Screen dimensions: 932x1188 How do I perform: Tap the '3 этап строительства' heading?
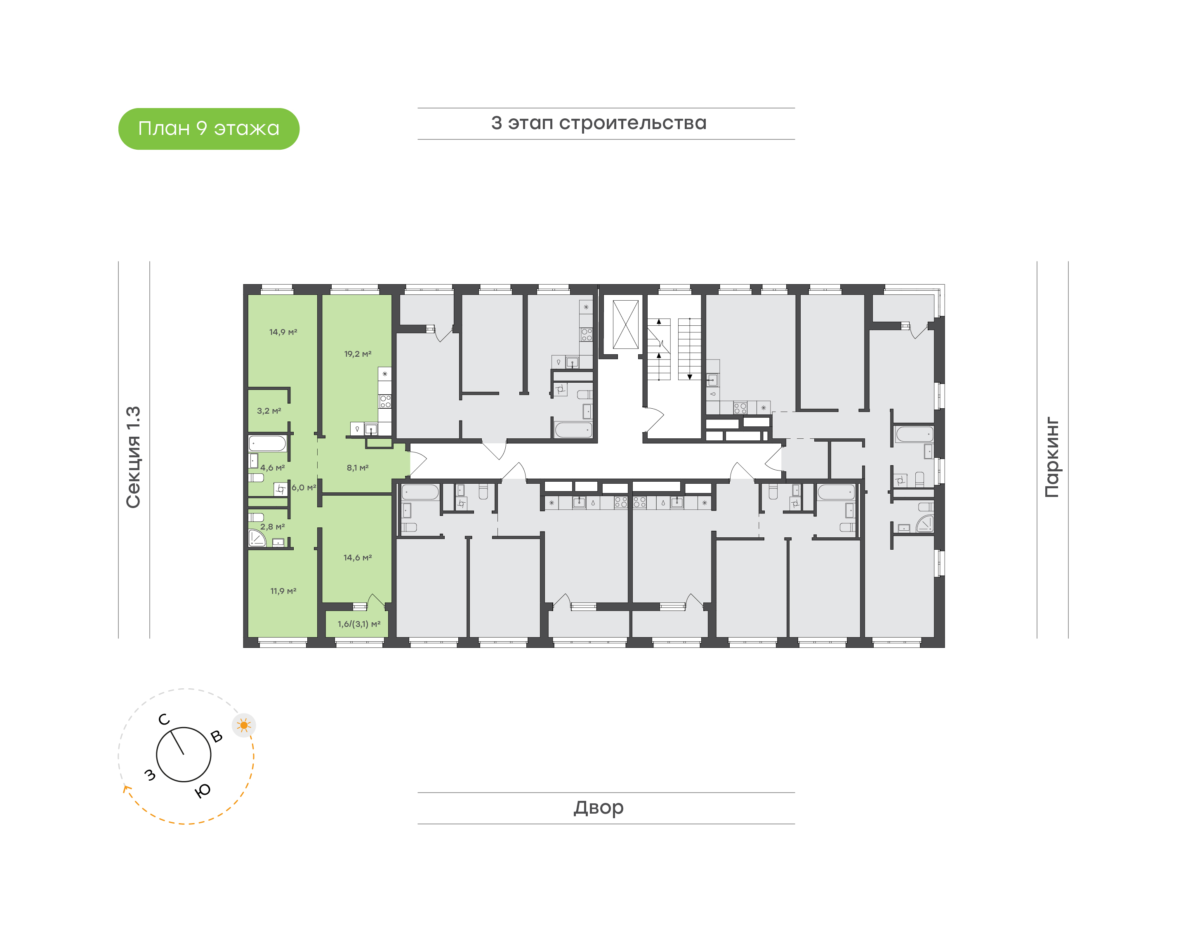[599, 123]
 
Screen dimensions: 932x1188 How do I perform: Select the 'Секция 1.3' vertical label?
[134, 457]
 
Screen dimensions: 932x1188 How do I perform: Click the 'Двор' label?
[599, 807]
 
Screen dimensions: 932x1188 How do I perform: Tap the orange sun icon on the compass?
[244, 725]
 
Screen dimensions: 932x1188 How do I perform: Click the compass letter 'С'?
[164, 720]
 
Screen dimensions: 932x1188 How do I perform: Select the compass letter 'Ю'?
[203, 791]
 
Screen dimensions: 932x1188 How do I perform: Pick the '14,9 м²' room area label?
[283, 332]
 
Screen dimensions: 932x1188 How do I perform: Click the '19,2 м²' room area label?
[358, 354]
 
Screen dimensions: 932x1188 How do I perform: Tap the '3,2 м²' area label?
[269, 411]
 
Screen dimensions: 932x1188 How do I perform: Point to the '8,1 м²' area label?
[358, 468]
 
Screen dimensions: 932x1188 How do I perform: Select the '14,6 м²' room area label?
[358, 558]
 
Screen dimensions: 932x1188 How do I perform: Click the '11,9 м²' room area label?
[283, 591]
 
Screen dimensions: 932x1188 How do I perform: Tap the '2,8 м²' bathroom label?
[272, 527]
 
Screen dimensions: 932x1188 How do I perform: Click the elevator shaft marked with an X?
[625, 325]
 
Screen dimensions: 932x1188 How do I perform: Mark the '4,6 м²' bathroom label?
[272, 468]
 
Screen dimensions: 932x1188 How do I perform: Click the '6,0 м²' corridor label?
[304, 487]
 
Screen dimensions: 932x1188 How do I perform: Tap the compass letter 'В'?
[217, 737]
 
